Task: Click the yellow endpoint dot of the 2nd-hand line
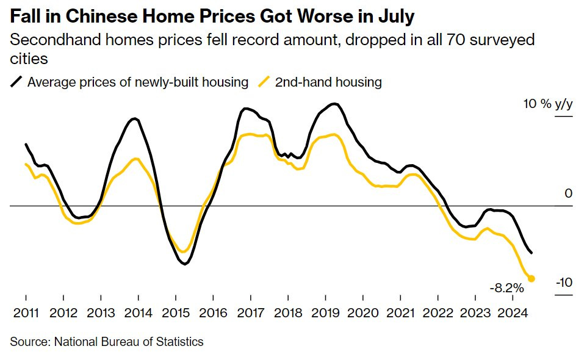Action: pyautogui.click(x=531, y=278)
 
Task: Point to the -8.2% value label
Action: pyautogui.click(x=506, y=287)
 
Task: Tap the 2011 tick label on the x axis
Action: pyautogui.click(x=26, y=314)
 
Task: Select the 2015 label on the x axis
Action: pyautogui.click(x=175, y=314)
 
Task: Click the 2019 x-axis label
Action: pyautogui.click(x=325, y=314)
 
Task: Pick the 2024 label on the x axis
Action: pyautogui.click(x=512, y=314)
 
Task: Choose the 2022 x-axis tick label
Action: pyautogui.click(x=437, y=314)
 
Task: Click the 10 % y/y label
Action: pyautogui.click(x=548, y=104)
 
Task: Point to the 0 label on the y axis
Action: pyautogui.click(x=569, y=193)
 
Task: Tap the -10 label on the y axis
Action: pyautogui.click(x=564, y=282)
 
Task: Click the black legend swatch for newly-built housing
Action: pyautogui.click(x=18, y=82)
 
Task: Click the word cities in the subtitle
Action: pyautogui.click(x=29, y=59)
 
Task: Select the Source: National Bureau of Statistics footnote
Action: pyautogui.click(x=107, y=342)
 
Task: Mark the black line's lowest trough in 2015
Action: pyautogui.click(x=184, y=264)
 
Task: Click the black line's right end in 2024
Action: pyautogui.click(x=531, y=253)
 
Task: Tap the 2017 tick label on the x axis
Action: pyautogui.click(x=250, y=314)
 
